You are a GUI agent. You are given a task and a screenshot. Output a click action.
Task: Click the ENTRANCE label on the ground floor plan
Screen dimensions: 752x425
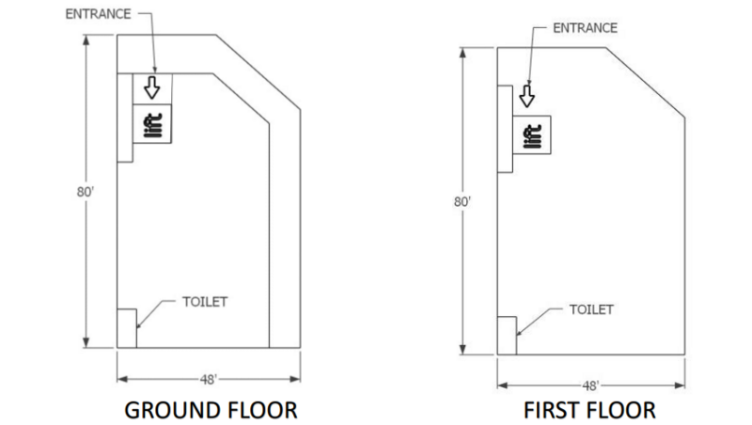[x=98, y=14]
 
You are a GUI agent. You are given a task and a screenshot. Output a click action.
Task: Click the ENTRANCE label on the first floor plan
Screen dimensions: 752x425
[x=585, y=28]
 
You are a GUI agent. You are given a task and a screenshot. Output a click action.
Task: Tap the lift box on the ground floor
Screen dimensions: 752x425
[x=152, y=124]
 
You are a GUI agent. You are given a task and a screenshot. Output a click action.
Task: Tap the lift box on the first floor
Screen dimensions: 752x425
[x=532, y=134]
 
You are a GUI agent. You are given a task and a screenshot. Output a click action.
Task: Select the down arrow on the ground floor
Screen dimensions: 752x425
[x=152, y=87]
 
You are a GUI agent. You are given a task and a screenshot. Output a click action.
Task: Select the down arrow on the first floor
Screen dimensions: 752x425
[x=527, y=96]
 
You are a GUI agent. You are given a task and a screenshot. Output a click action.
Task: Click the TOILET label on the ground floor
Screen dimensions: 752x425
[x=205, y=302]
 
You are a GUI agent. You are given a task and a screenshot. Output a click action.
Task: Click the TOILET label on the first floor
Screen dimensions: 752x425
[x=591, y=309]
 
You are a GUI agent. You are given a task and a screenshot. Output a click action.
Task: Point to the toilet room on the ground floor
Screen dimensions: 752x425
[x=127, y=328]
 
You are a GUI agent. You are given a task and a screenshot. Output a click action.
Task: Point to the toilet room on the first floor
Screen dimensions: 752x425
[x=507, y=336]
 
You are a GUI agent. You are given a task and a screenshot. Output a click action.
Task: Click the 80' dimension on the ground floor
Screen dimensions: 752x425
[x=86, y=192]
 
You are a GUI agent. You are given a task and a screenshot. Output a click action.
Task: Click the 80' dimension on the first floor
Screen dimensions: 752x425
[x=462, y=201]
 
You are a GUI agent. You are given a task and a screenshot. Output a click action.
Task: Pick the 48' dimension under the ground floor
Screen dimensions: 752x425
[x=209, y=380]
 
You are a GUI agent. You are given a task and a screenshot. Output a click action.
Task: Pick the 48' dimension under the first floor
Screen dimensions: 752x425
[x=591, y=386]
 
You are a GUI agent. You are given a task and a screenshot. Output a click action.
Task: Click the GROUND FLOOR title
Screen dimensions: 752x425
[x=211, y=411]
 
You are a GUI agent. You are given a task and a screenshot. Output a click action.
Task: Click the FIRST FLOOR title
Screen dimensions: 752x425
[x=589, y=411]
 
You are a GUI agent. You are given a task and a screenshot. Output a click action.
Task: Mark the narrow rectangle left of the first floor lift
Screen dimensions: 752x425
[x=505, y=129]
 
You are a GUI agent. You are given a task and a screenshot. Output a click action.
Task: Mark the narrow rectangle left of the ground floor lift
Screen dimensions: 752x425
[x=125, y=118]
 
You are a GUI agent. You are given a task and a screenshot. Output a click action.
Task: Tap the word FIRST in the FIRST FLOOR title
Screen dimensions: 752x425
[x=547, y=411]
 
